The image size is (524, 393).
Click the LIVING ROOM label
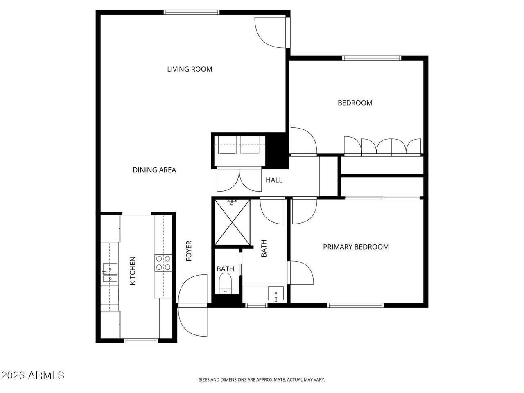pos(190,69)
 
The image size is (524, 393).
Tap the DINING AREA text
pos(154,170)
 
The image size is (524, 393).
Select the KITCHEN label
pos(133,271)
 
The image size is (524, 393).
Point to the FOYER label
pos(189,251)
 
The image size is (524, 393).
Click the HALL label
pos(274,180)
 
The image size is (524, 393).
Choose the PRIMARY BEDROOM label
pos(356,247)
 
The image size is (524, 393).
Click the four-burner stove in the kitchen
pos(163,263)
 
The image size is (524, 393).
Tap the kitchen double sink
pos(110,272)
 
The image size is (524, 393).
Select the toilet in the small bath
pos(225,283)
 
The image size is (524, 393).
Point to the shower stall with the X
pos(232,222)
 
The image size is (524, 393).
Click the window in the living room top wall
pos(192,12)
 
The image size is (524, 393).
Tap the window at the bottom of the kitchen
pos(142,341)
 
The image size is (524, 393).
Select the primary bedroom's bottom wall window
pos(355,305)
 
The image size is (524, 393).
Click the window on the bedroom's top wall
pos(372,58)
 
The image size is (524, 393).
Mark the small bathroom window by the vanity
pos(256,305)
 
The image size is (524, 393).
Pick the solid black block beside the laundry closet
pos(277,151)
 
